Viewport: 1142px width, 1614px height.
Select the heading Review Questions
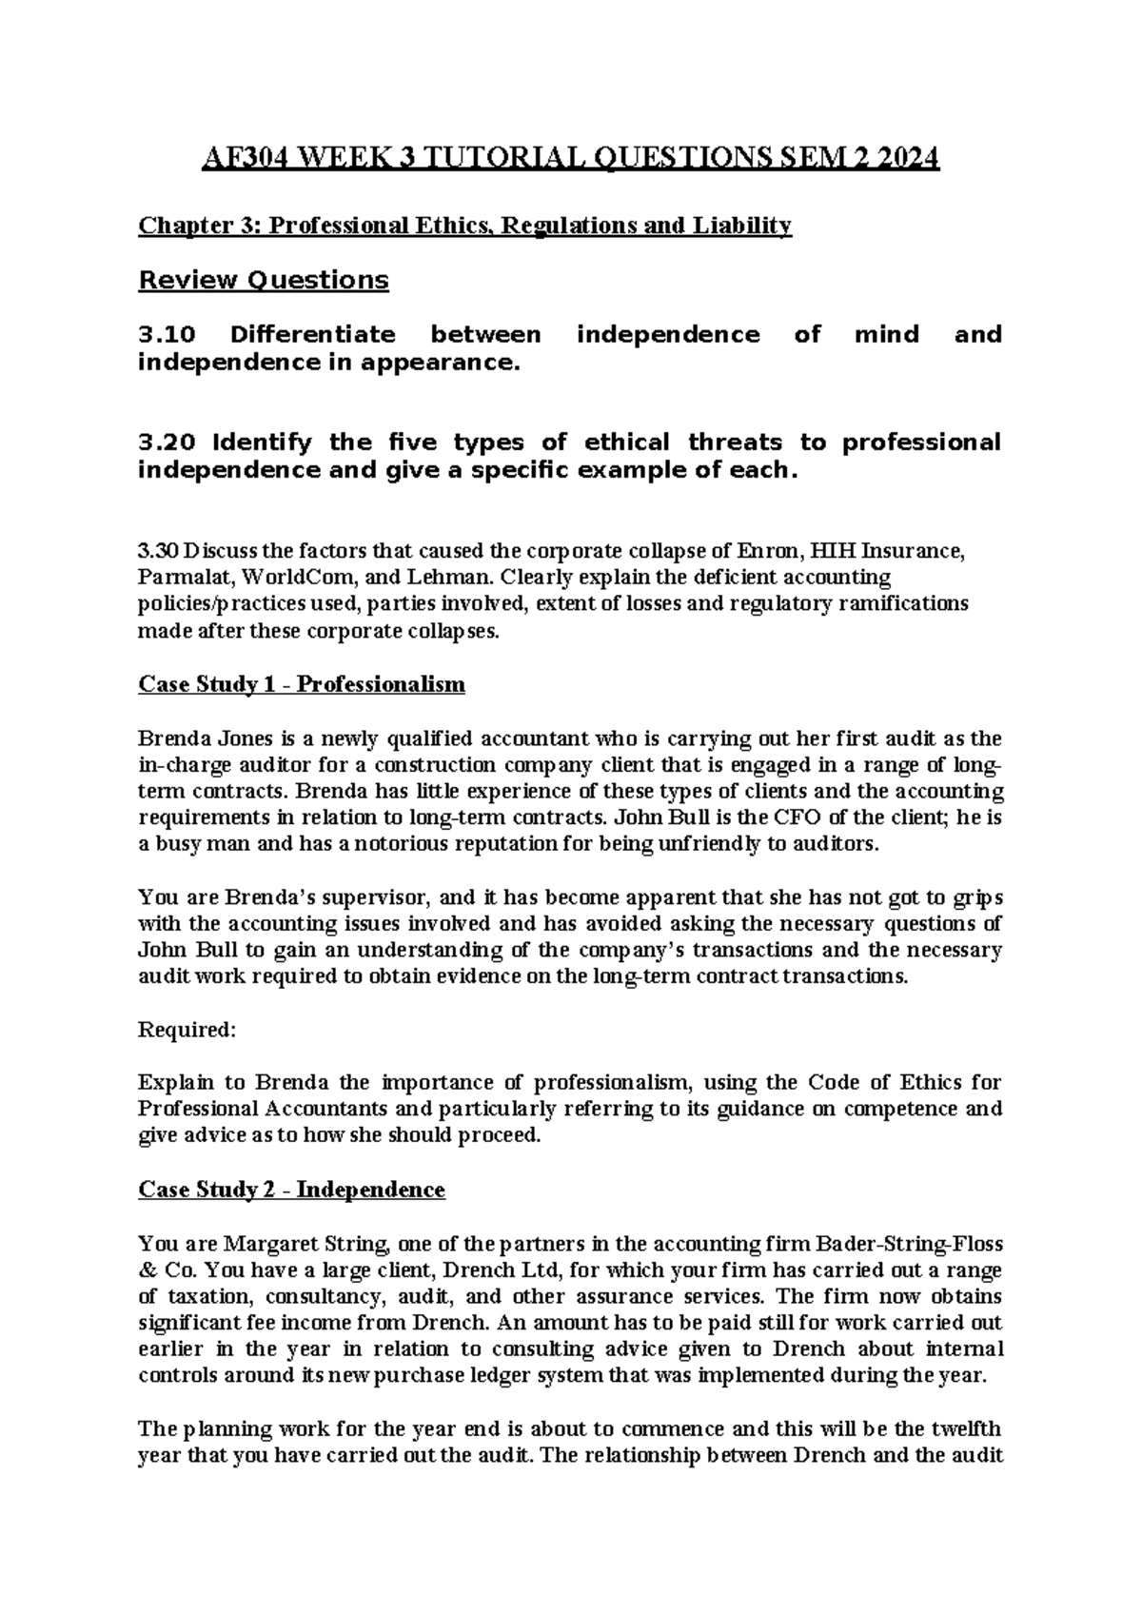point(264,280)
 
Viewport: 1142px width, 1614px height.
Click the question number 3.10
point(167,335)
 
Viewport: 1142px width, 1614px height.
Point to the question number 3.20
point(167,443)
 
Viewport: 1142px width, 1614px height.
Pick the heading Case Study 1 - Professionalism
point(302,684)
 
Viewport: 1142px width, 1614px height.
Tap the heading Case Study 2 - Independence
point(291,1190)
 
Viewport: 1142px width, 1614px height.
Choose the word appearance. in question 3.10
point(449,364)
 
